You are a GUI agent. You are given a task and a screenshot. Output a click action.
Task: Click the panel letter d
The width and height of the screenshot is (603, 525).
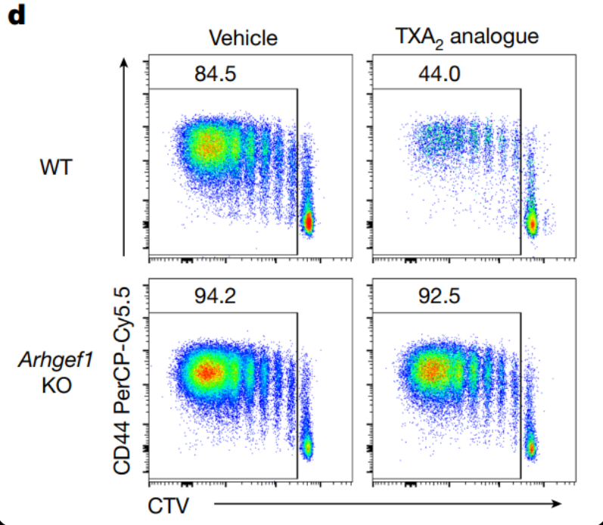click(x=17, y=16)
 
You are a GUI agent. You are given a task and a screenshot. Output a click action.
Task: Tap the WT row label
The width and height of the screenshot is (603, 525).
click(x=58, y=167)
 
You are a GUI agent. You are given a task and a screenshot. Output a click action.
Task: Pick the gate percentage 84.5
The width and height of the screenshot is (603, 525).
click(x=214, y=75)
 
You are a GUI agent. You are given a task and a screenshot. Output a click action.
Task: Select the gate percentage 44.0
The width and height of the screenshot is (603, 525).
click(x=438, y=75)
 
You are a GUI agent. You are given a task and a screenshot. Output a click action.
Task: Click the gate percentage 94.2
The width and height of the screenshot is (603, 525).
click(x=214, y=296)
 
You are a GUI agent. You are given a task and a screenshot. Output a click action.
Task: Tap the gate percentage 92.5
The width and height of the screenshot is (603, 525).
click(x=438, y=296)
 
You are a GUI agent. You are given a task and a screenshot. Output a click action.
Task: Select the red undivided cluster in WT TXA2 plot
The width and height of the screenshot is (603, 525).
click(x=533, y=224)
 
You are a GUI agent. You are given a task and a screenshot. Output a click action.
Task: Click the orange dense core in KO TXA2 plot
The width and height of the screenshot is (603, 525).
click(x=431, y=371)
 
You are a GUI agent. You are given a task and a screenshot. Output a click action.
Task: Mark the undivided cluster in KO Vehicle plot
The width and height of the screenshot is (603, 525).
click(x=308, y=447)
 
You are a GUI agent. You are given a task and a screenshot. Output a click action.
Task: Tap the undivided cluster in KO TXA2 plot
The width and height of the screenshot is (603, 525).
click(x=532, y=448)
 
